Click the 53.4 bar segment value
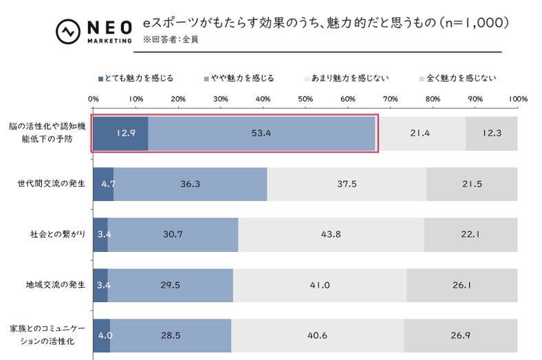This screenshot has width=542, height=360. [261, 133]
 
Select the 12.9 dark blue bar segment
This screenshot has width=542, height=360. [120, 133]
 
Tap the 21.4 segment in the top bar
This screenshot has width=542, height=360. [420, 133]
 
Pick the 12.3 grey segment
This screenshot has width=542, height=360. [491, 133]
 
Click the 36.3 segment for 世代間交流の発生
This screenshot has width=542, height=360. [190, 184]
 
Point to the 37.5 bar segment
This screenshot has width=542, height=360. [347, 184]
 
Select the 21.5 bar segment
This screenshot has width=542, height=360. [472, 184]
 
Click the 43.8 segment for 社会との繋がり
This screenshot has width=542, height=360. [331, 235]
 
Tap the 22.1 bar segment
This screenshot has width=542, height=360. [470, 235]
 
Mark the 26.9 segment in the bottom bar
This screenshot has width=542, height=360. [460, 336]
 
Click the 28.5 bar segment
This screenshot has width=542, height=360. [171, 336]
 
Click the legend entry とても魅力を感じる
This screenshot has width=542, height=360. [135, 78]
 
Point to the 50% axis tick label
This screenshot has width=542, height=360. [305, 99]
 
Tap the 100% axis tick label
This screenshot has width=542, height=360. [517, 99]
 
